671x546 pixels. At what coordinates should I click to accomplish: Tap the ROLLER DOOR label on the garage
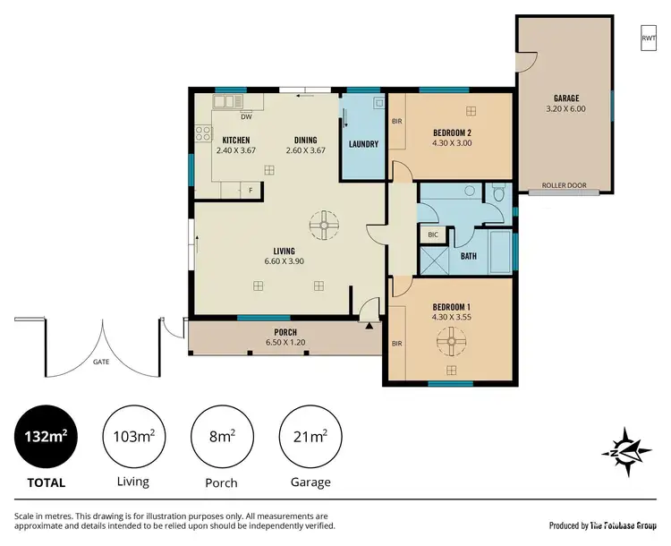coord(564,186)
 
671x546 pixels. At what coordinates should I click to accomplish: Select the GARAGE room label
coord(565,98)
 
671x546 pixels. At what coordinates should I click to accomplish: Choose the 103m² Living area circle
coord(133,437)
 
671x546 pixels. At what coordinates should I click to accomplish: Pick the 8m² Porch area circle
coord(221,437)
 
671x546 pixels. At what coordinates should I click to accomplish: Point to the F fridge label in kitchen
coord(251,189)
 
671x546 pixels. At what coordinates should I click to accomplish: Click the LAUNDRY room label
coord(363,144)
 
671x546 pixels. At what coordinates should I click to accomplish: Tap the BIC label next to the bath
coord(433,235)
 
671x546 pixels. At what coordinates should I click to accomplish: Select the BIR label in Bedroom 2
coord(396,122)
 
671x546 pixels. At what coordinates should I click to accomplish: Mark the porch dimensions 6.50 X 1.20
coord(285,342)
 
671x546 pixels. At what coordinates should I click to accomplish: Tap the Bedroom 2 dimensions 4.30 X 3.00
coord(452,142)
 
